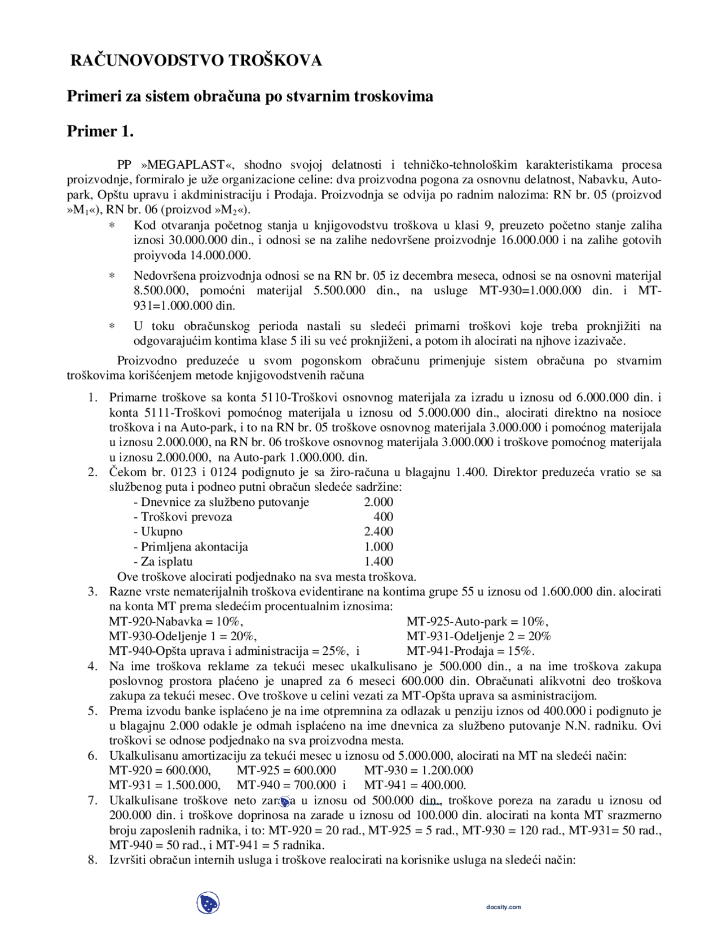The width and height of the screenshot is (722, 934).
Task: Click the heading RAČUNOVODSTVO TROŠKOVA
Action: tap(196, 60)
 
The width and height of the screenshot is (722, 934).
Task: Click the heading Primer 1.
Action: tap(100, 131)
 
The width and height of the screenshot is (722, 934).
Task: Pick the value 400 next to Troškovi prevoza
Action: tap(383, 517)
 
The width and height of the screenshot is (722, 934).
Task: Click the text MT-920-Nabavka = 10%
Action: tap(176, 622)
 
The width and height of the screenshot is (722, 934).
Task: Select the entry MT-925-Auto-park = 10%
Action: tap(477, 622)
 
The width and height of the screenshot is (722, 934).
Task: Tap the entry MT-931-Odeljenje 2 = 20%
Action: tap(479, 636)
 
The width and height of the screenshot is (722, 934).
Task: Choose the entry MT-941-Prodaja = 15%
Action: tap(470, 651)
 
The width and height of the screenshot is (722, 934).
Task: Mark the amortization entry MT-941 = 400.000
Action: tap(415, 785)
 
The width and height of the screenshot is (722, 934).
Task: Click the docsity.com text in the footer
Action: tap(504, 907)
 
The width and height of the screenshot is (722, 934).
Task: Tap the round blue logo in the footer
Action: tap(208, 904)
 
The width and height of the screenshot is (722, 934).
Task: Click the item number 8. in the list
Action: tap(93, 860)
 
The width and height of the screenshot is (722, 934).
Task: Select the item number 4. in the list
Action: tap(93, 666)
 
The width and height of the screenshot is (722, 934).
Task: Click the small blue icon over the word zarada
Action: tap(285, 801)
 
